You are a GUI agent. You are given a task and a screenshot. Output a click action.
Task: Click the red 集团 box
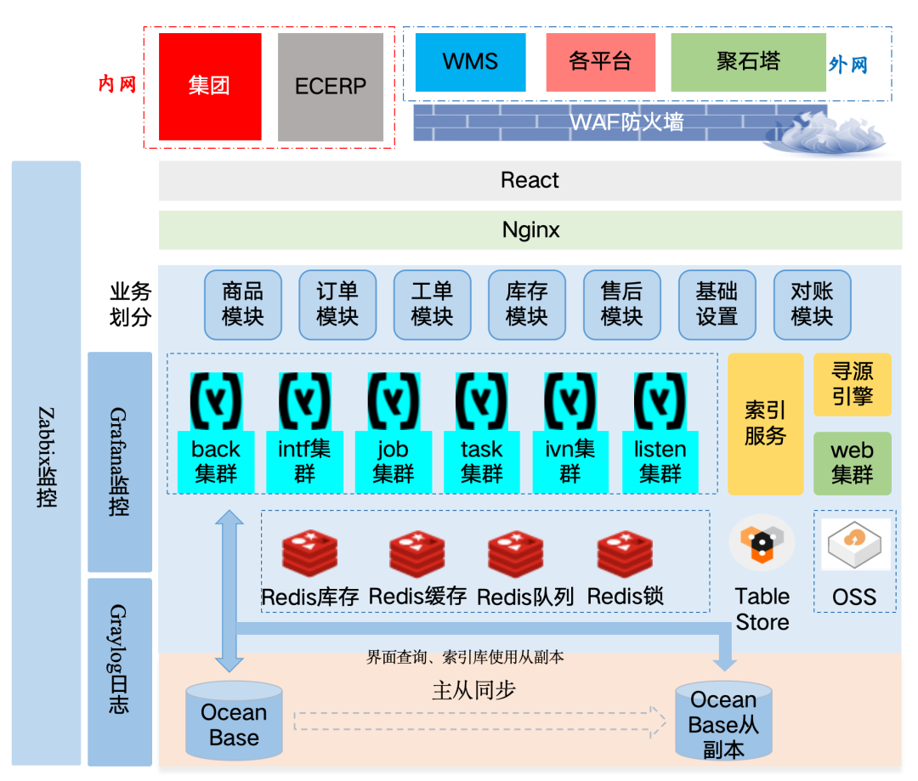click(x=210, y=87)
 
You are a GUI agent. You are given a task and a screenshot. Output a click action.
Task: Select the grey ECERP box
click(x=331, y=87)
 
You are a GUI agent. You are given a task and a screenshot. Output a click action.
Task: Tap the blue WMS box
click(x=470, y=62)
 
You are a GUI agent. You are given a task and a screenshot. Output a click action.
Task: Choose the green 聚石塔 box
click(x=748, y=62)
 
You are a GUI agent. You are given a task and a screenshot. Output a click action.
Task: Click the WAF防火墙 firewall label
click(x=626, y=122)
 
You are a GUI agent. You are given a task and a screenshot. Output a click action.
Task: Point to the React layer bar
click(x=530, y=180)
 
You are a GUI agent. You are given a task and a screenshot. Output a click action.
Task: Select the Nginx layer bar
click(x=530, y=229)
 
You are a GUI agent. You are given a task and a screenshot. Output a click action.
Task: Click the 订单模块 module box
click(x=337, y=304)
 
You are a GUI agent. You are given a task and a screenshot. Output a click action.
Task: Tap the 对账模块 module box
click(x=812, y=304)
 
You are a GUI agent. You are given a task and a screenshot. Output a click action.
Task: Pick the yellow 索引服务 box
click(x=765, y=423)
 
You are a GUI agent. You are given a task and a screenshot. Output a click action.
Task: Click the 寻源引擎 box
click(x=853, y=384)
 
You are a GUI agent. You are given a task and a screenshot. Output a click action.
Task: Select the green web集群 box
click(x=853, y=463)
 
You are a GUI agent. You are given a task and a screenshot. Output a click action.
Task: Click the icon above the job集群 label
click(x=394, y=400)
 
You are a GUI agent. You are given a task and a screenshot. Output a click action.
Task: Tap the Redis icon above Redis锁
click(x=625, y=553)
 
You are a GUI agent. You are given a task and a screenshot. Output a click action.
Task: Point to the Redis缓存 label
click(x=417, y=597)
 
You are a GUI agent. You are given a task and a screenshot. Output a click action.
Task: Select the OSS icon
click(x=855, y=545)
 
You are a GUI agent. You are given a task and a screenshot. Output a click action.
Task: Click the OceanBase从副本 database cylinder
click(x=723, y=723)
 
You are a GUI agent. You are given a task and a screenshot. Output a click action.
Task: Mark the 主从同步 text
click(x=473, y=691)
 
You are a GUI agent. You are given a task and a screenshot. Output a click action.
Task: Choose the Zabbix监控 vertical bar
click(x=47, y=463)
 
